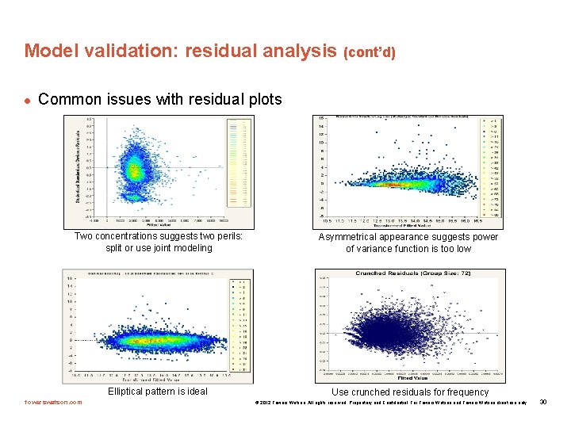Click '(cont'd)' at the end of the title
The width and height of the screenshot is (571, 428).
[369, 52]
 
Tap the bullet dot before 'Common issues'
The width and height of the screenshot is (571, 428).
[27, 101]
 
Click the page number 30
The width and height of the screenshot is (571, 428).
[543, 402]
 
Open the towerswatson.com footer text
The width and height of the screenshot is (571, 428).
[53, 402]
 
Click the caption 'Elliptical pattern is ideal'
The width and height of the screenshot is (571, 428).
[158, 392]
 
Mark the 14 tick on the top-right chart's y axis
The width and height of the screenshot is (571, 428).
[321, 126]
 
